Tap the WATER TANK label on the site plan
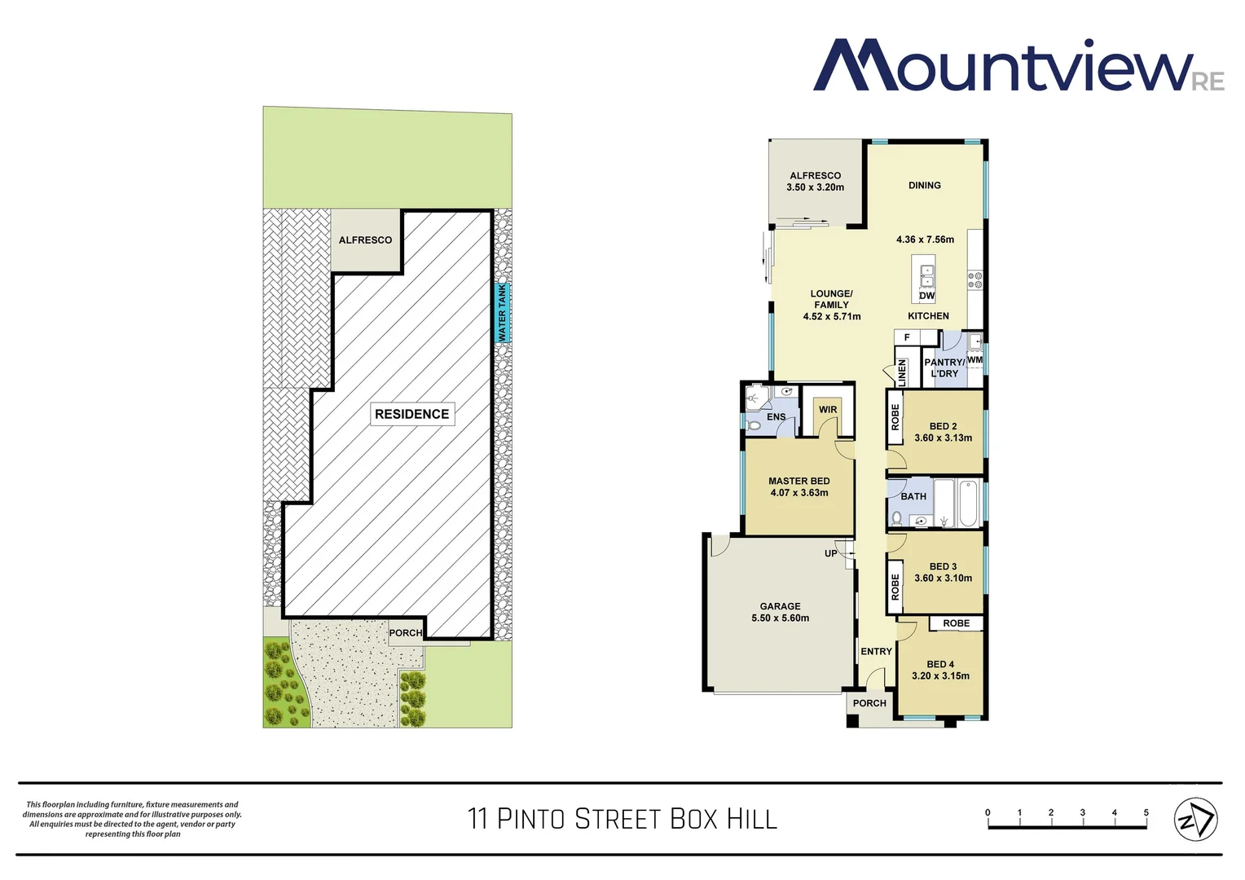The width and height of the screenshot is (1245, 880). coord(503,313)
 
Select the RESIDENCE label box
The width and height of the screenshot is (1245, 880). coord(411,414)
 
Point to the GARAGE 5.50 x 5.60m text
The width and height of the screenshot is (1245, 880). coord(780,613)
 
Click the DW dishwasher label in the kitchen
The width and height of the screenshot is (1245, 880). coord(927,296)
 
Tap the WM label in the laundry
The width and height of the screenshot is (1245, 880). coord(974,360)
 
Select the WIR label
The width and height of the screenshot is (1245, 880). coord(828,410)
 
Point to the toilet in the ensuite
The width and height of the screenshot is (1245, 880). coord(754,425)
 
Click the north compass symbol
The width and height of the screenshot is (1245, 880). coord(1195,820)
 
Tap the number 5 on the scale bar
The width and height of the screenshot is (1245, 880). coord(1146,812)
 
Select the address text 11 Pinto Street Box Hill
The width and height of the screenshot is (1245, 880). coord(622,819)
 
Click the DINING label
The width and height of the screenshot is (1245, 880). coord(924,186)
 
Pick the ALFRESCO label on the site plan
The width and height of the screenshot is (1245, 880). coord(365,240)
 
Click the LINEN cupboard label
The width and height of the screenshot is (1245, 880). coord(902,372)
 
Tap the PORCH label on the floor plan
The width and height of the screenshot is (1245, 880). coord(869,703)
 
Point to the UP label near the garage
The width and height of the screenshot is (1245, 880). coord(830,553)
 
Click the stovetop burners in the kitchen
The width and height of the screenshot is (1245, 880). coord(975,281)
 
